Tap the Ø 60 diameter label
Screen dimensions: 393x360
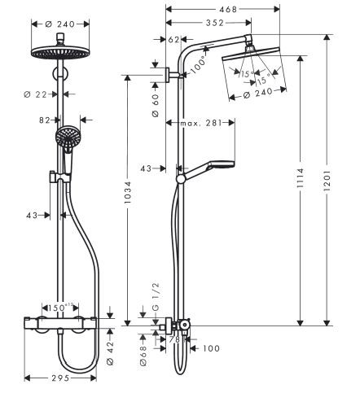155,103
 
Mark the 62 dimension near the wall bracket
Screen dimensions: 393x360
173,38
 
